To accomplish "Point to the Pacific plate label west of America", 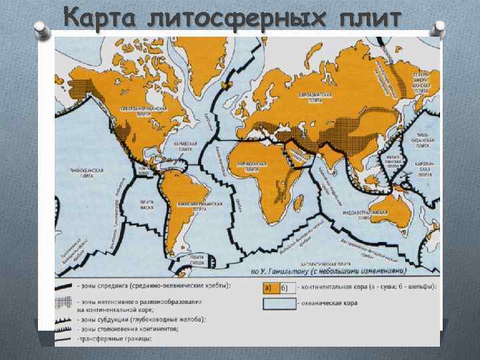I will (87, 173).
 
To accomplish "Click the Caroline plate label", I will (424, 167).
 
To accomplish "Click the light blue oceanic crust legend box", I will (280, 303).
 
